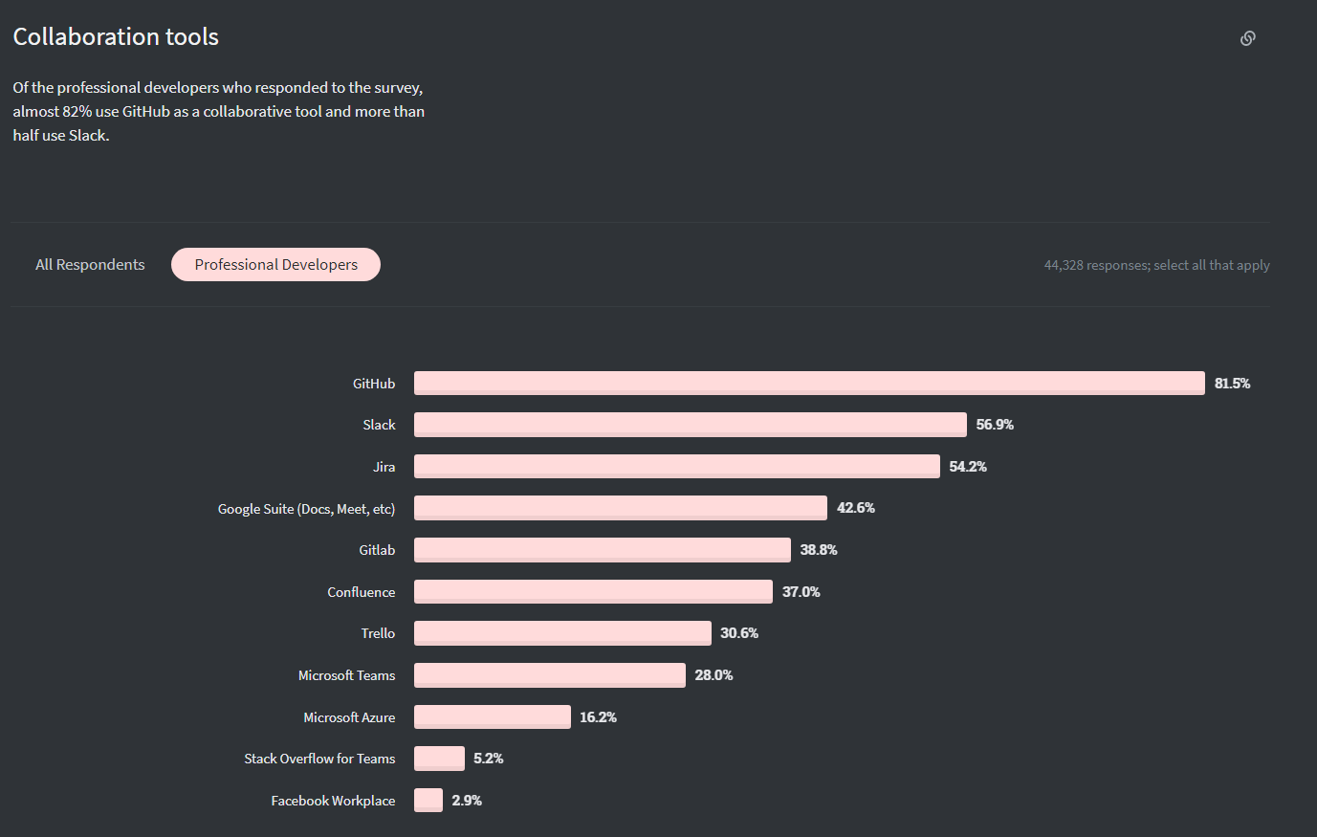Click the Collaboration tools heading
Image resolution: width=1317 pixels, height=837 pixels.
[116, 37]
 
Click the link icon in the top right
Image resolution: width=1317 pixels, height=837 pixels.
[1247, 38]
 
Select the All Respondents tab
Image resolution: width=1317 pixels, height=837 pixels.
[90, 265]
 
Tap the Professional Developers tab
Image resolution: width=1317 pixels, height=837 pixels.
[275, 265]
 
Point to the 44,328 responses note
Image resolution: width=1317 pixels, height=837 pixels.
[1156, 265]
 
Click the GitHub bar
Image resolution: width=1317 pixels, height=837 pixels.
[808, 383]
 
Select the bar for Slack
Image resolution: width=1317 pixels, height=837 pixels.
[690, 425]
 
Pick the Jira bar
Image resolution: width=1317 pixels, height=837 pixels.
[676, 466]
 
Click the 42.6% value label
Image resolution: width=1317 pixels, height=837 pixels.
[855, 508]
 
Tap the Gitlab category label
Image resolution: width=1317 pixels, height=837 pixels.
[377, 550]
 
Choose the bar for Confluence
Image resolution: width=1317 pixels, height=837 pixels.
[593, 591]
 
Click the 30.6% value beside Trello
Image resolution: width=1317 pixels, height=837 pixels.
[739, 633]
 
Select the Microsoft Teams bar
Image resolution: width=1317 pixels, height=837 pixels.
[549, 675]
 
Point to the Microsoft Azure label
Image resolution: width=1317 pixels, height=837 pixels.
[349, 717]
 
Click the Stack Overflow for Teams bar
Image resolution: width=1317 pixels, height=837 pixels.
[439, 759]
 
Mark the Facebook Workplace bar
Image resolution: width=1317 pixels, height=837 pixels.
[428, 800]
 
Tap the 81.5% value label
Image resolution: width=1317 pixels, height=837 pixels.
[1232, 384]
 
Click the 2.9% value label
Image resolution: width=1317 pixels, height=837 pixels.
[467, 801]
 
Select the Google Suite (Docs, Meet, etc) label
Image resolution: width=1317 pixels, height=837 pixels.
[306, 509]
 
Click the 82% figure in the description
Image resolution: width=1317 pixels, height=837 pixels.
[77, 112]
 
